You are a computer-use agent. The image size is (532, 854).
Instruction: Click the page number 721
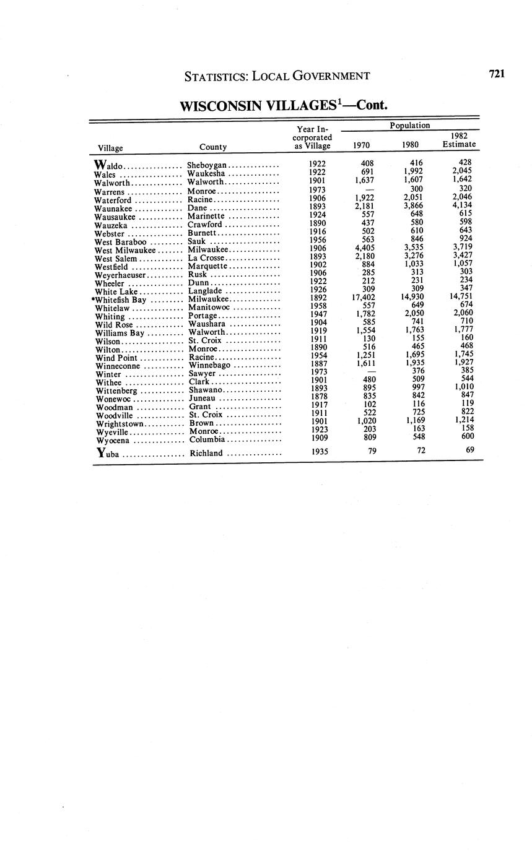[497, 74]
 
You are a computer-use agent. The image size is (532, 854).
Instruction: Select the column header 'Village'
[110, 148]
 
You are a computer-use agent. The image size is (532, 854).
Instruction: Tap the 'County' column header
[212, 147]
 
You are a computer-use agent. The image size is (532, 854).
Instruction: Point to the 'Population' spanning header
[410, 126]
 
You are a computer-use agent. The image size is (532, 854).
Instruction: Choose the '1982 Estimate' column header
[459, 140]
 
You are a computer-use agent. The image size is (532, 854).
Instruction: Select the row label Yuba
[109, 454]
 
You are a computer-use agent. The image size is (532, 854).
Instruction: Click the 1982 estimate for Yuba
[470, 450]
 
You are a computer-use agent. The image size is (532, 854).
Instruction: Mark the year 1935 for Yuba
[319, 452]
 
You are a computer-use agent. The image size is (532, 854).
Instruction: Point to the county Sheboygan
[207, 166]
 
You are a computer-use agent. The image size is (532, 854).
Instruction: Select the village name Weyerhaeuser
[120, 275]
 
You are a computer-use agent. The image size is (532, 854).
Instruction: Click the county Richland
[206, 454]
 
